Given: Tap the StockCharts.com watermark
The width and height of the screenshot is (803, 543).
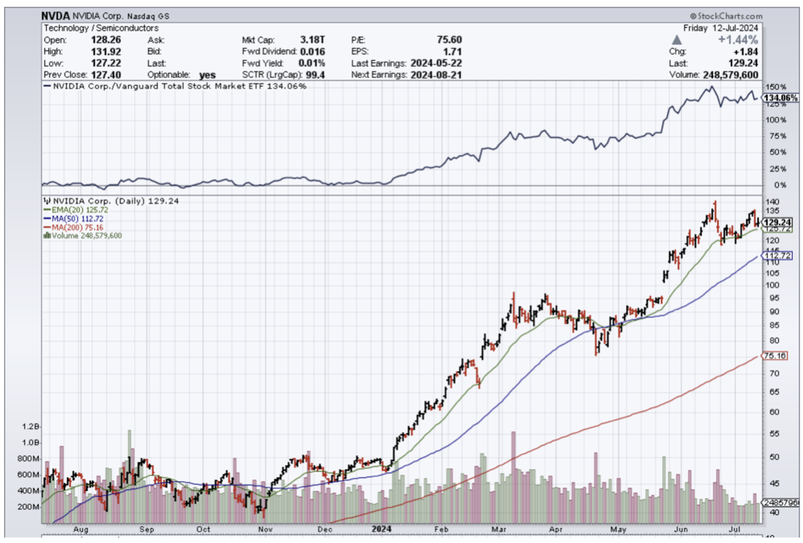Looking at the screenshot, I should point(728,16).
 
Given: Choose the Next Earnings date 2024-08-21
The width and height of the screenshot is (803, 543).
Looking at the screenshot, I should point(436,75).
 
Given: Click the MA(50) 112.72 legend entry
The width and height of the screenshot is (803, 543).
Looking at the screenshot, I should point(75,218).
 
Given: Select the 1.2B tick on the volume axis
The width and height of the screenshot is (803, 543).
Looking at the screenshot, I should point(31,426).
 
